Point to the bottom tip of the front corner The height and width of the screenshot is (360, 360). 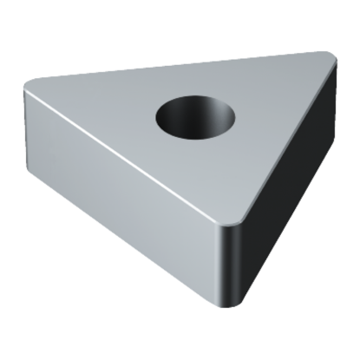click(232, 304)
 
